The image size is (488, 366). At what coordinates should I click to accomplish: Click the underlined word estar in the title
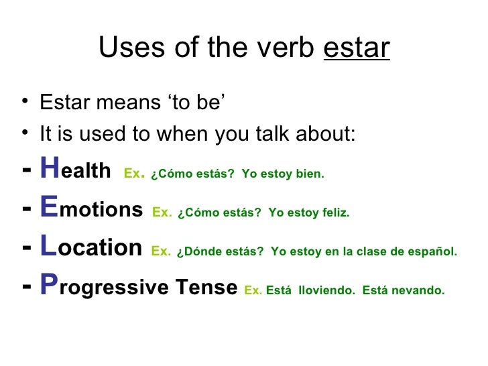click(x=356, y=48)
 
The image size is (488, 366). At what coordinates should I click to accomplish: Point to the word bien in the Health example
click(x=312, y=175)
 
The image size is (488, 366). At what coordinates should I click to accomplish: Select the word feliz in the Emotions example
click(x=337, y=213)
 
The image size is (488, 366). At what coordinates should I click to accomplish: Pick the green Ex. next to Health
click(x=134, y=174)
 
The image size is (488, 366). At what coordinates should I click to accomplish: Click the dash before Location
click(x=26, y=248)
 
